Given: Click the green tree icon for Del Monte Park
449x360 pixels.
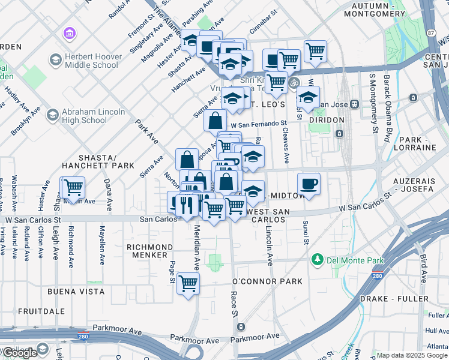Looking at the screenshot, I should point(317,260).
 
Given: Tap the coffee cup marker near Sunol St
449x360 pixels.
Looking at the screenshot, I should point(309,184).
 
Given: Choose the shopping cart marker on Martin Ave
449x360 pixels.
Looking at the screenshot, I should point(73,187).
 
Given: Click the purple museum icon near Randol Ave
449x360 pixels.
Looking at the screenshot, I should point(70,34).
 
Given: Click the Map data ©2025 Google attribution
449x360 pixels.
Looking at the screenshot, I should point(412,355).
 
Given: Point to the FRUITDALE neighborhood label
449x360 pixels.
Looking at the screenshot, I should point(41,311).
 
